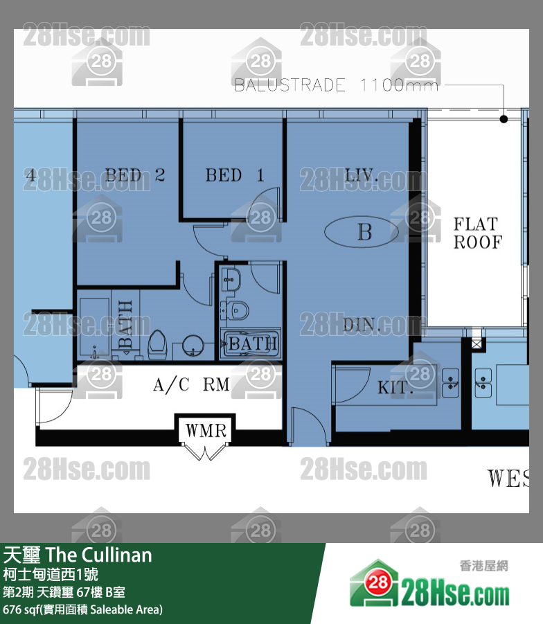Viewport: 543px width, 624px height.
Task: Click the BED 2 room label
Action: click(134, 175)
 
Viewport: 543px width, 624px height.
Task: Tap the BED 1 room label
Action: click(235, 175)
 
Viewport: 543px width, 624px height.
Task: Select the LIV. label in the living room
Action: click(361, 175)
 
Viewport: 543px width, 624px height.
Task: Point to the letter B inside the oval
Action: click(364, 231)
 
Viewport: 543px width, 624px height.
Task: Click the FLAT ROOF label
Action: click(478, 233)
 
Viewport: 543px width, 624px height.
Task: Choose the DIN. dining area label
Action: click(362, 325)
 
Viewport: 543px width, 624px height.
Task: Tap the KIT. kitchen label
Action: click(393, 387)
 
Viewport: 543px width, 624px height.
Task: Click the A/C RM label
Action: click(191, 384)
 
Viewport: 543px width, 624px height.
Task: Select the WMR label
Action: click(206, 431)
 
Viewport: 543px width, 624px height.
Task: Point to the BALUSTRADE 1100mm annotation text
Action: click(337, 84)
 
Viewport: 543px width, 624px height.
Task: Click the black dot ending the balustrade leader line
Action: click(504, 118)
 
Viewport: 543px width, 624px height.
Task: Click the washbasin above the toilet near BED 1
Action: click(231, 279)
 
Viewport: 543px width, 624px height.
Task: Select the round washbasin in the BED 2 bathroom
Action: click(193, 346)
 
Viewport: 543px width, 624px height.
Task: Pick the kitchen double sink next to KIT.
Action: click(450, 382)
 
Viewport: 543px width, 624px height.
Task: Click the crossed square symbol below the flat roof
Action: click(477, 343)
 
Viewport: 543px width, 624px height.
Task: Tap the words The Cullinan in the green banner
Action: click(99, 555)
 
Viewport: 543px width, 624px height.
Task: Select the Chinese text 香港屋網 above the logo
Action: click(483, 566)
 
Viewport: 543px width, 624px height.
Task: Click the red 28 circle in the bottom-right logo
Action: click(377, 582)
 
